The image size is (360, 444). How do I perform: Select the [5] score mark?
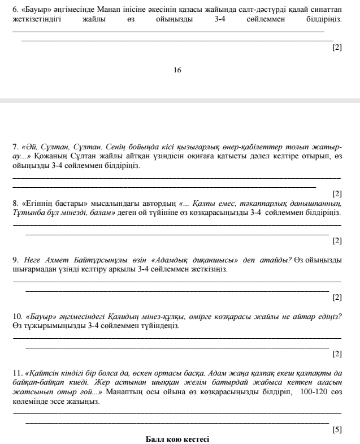point(337,430)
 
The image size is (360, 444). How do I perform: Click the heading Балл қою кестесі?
point(177,439)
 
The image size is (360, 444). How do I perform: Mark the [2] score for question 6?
point(337,48)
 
